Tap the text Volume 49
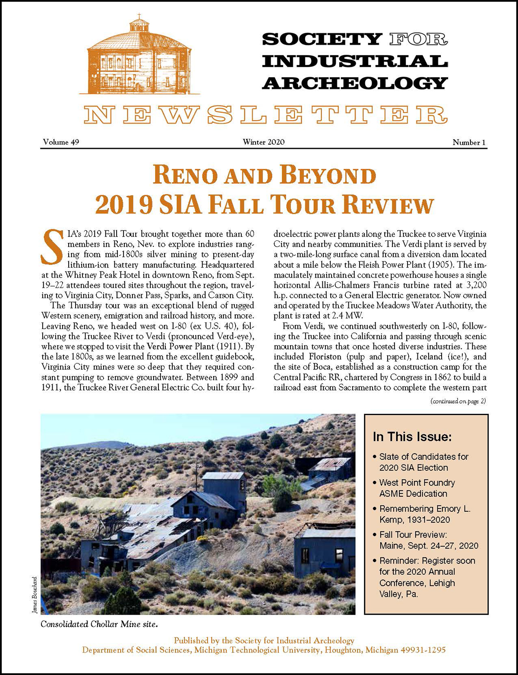[x=61, y=142]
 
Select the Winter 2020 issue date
[x=263, y=142]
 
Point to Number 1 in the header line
[x=470, y=142]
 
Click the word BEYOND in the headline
[x=328, y=176]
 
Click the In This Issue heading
[x=412, y=437]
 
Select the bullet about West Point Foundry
[x=417, y=488]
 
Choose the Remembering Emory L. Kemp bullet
[x=424, y=514]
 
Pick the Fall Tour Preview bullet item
[x=428, y=540]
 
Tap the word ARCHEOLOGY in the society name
[x=355, y=82]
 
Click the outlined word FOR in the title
[x=418, y=40]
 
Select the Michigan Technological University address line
[x=264, y=650]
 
